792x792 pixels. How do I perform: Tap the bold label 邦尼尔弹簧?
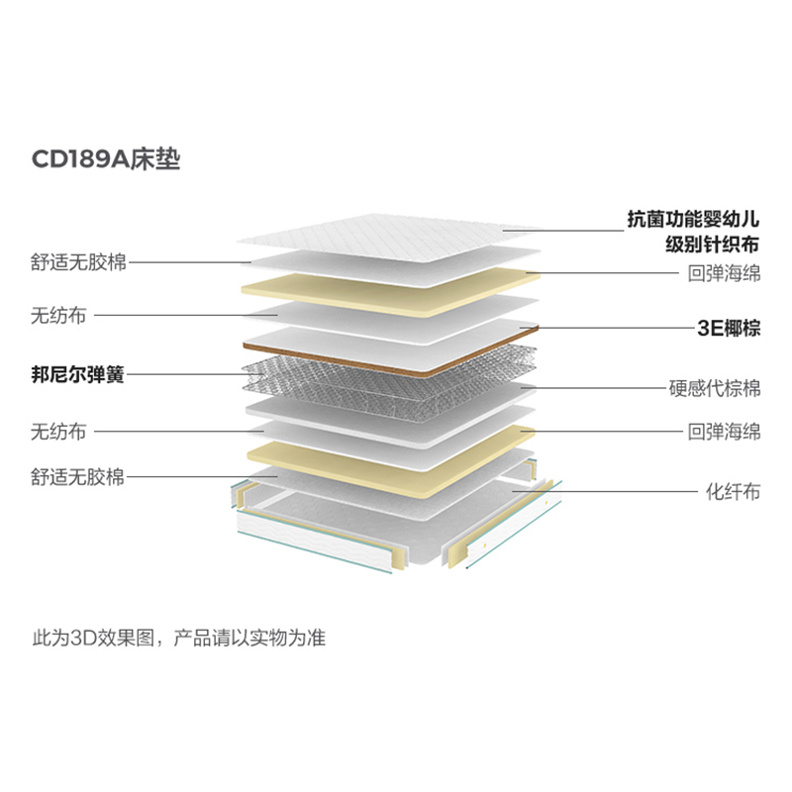click(77, 375)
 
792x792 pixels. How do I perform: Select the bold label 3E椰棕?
click(728, 329)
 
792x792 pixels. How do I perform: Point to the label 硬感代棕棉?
click(716, 387)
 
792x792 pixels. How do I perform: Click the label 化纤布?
click(733, 491)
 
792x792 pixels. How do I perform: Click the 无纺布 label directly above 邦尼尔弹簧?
click(58, 317)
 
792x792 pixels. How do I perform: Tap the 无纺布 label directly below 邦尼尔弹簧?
click(58, 432)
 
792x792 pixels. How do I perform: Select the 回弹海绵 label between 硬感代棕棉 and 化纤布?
click(724, 432)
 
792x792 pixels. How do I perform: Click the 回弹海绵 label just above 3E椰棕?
click(724, 273)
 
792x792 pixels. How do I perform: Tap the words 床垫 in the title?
click(157, 159)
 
